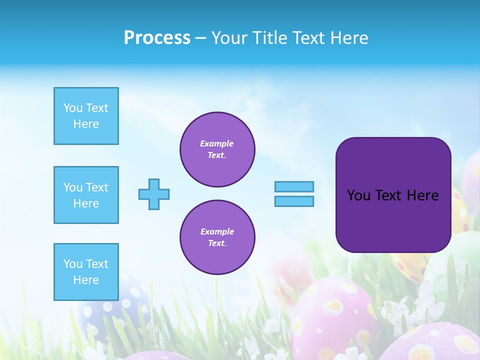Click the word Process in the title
pyautogui.click(x=157, y=38)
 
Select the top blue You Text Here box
pyautogui.click(x=86, y=116)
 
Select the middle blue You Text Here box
pyautogui.click(x=86, y=195)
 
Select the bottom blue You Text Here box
pyautogui.click(x=86, y=272)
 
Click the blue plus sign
pyautogui.click(x=154, y=194)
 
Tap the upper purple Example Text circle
pyautogui.click(x=217, y=149)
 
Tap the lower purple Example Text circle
pyautogui.click(x=217, y=237)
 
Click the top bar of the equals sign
pyautogui.click(x=294, y=187)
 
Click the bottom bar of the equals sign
pyautogui.click(x=294, y=201)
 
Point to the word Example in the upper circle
pyautogui.click(x=216, y=143)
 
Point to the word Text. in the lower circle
pyautogui.click(x=217, y=243)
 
